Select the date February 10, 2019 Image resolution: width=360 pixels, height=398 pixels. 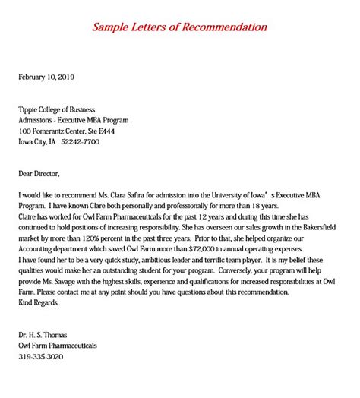[46, 77]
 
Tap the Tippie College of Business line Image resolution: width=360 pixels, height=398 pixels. [62, 109]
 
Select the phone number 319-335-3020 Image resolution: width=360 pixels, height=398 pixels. [41, 356]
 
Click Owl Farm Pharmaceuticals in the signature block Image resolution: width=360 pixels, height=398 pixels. [58, 346]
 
